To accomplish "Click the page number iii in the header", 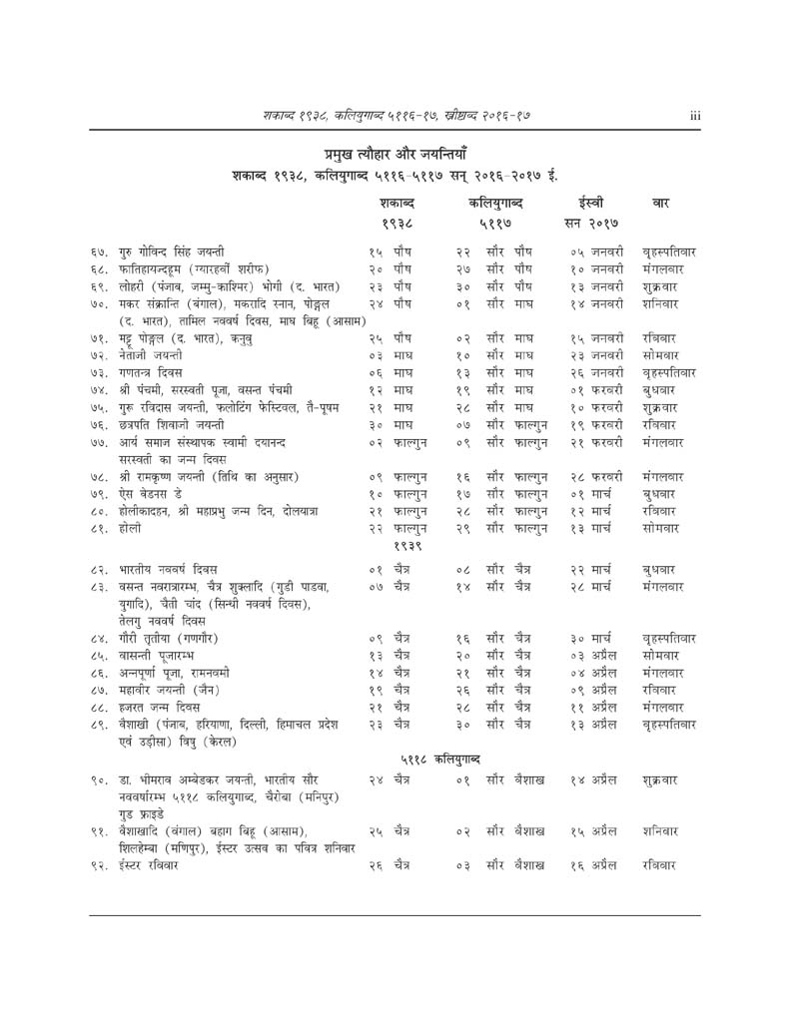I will [x=695, y=115].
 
